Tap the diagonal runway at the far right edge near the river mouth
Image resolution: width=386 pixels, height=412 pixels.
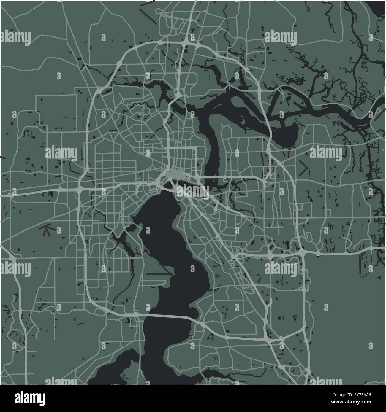pos(377,114)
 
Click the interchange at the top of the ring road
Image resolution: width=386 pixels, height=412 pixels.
pos(185,44)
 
